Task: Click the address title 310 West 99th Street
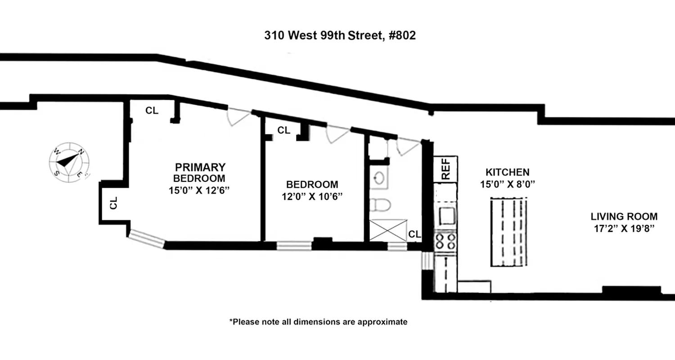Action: tap(340, 35)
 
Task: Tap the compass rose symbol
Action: tap(68, 162)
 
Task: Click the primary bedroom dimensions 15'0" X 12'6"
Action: tap(199, 190)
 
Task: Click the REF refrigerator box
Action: tap(445, 169)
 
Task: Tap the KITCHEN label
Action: tap(507, 172)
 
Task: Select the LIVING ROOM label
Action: tap(624, 216)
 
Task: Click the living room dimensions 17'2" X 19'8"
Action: tap(624, 228)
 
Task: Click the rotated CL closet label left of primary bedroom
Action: tap(113, 202)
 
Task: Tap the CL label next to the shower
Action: tap(415, 234)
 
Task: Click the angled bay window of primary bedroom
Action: tap(146, 239)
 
